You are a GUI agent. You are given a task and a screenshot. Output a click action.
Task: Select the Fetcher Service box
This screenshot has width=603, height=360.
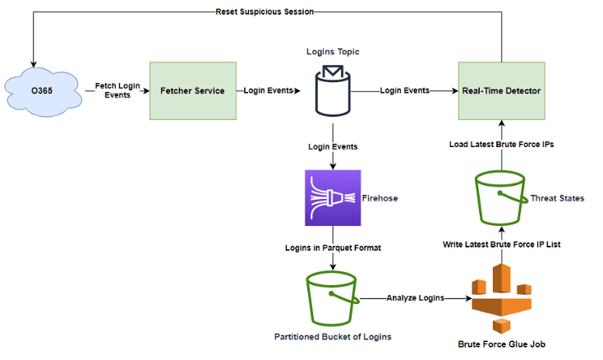192,90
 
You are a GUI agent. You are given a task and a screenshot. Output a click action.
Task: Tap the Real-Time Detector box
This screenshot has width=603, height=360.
500,90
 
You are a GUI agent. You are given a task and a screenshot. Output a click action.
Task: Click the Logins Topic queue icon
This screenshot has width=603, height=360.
333,90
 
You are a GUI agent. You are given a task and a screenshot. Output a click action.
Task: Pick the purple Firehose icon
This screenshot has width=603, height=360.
333,198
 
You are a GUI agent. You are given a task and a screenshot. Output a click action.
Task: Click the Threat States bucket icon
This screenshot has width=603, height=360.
500,198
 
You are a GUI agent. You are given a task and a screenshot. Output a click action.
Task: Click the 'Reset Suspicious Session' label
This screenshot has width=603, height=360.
264,12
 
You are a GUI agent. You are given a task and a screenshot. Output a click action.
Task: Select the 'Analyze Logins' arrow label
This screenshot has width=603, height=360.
415,298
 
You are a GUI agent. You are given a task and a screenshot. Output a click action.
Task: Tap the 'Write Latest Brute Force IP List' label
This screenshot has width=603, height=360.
501,244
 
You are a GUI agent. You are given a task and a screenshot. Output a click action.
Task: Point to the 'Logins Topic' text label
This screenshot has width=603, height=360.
333,51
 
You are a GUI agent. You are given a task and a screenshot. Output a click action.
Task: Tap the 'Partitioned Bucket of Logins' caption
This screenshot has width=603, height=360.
333,337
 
